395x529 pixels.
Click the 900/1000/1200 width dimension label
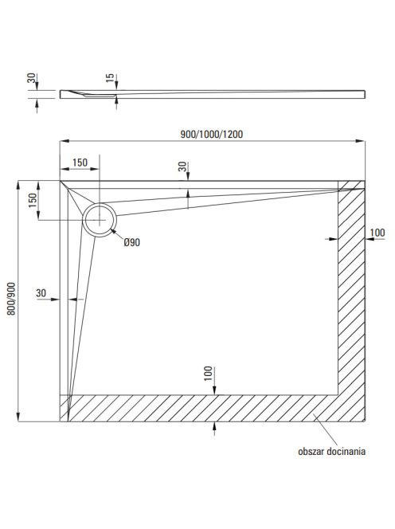click(x=212, y=135)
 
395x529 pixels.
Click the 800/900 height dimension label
click(x=11, y=299)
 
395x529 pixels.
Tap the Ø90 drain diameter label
click(x=131, y=242)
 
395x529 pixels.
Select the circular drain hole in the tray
click(x=100, y=220)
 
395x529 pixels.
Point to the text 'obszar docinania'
click(x=331, y=452)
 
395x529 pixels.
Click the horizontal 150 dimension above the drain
click(x=80, y=163)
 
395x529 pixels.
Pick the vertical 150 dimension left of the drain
click(x=33, y=201)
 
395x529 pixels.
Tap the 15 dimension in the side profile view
click(x=111, y=78)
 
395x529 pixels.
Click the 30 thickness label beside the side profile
click(x=31, y=78)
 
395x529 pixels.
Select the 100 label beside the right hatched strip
click(x=377, y=233)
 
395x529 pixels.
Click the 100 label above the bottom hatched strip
click(x=209, y=374)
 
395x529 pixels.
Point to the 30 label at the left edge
click(x=41, y=293)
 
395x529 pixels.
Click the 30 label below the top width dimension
click(x=182, y=167)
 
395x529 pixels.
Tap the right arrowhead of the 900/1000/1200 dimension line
click(x=362, y=141)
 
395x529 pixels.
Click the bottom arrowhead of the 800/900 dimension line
click(x=18, y=417)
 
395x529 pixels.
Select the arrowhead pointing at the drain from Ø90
click(x=113, y=231)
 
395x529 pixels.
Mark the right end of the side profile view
click(x=365, y=95)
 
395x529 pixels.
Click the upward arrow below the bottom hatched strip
click(x=214, y=429)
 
